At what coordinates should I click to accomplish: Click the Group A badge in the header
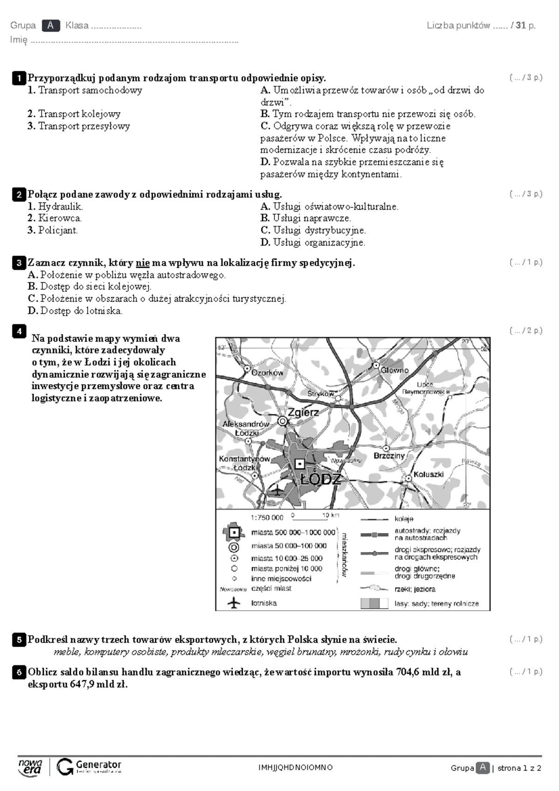coord(50,26)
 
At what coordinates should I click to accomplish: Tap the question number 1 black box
coord(19,78)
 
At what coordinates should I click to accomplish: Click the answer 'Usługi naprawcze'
coord(311,218)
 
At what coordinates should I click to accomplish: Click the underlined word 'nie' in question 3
coord(143,263)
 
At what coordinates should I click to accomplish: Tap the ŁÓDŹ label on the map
coord(321,480)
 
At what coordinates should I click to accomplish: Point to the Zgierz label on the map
coord(303,412)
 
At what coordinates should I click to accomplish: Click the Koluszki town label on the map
coord(428,474)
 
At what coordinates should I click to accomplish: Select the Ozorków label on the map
coord(267,373)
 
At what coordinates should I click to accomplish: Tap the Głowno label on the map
coord(394,370)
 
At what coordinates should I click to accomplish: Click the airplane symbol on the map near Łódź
coord(276,490)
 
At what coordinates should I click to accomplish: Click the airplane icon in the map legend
coord(234,603)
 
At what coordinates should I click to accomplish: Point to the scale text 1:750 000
coord(266,518)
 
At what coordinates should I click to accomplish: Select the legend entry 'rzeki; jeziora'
coord(415,589)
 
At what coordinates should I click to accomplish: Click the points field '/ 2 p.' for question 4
coord(526,331)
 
